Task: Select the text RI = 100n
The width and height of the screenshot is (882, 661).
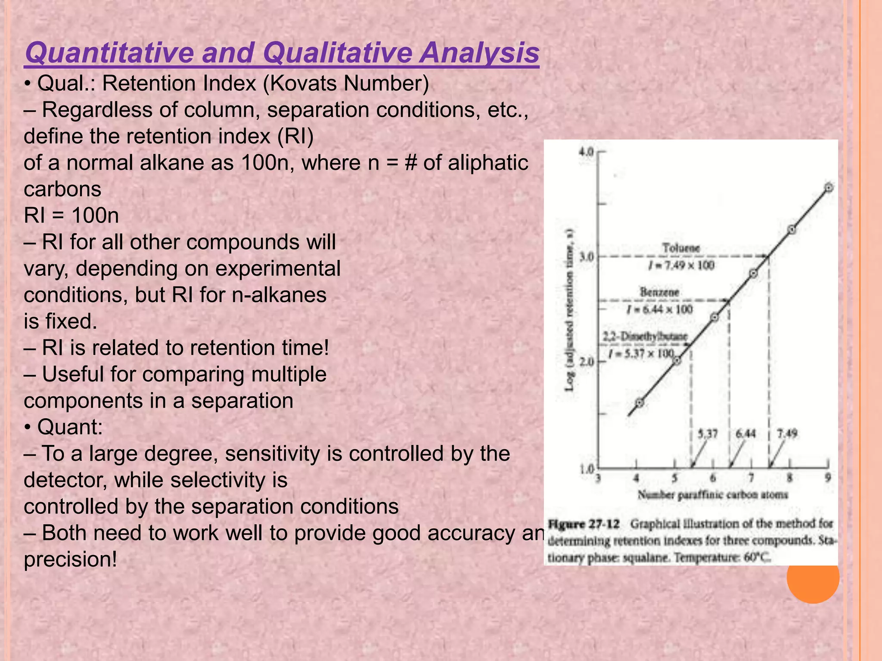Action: tap(71, 215)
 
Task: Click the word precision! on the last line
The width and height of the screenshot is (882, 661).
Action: tap(70, 559)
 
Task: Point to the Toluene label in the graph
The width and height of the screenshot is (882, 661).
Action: tap(681, 248)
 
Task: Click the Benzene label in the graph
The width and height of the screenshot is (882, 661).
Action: tap(659, 293)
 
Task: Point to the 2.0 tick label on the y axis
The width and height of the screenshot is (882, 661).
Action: tap(587, 361)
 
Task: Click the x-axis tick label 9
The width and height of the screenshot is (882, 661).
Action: tap(828, 478)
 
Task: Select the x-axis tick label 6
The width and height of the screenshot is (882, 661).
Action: tap(713, 478)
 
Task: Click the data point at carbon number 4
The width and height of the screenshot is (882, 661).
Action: tap(640, 403)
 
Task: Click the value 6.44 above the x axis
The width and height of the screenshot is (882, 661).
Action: tap(745, 434)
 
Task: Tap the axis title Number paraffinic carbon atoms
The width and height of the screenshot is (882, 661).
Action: tap(713, 495)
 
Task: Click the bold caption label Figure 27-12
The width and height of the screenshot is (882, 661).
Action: tap(584, 524)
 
